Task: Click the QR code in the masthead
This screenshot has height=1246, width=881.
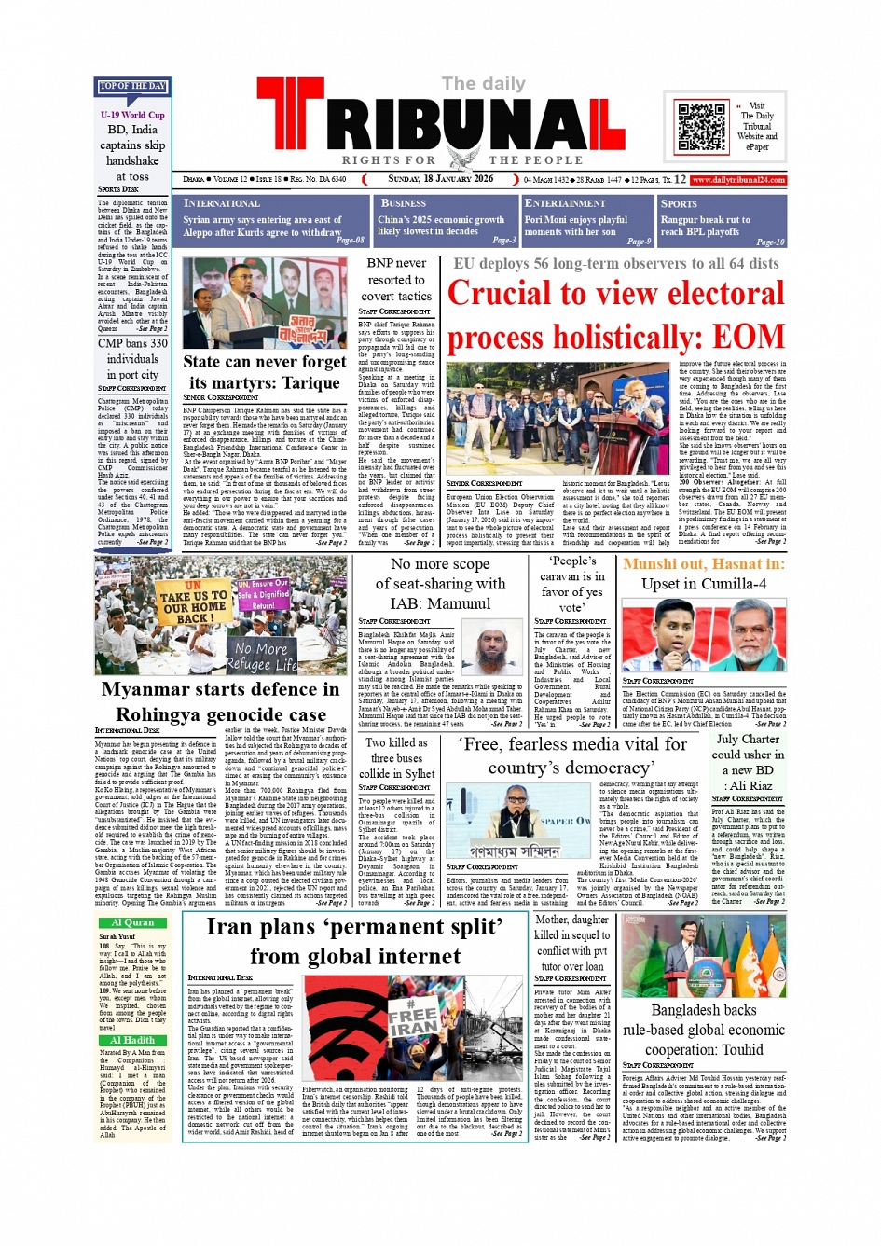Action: [x=701, y=128]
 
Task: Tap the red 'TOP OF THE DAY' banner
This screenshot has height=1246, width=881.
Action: [x=131, y=87]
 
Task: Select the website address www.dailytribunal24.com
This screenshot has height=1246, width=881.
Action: [x=738, y=180]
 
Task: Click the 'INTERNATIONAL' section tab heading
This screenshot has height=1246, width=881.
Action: [x=221, y=203]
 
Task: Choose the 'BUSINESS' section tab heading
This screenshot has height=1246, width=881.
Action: [x=403, y=203]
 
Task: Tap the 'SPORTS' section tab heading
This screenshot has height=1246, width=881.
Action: [x=679, y=204]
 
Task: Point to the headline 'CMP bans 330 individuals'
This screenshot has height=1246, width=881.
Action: [x=132, y=351]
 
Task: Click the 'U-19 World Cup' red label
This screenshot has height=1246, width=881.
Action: [x=132, y=115]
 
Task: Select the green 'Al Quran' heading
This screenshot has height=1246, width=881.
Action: [x=132, y=922]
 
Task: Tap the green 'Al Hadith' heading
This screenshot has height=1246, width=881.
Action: [x=132, y=1040]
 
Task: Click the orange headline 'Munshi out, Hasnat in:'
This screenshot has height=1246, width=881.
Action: [x=704, y=564]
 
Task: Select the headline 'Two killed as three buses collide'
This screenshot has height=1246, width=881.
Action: [x=397, y=758]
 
